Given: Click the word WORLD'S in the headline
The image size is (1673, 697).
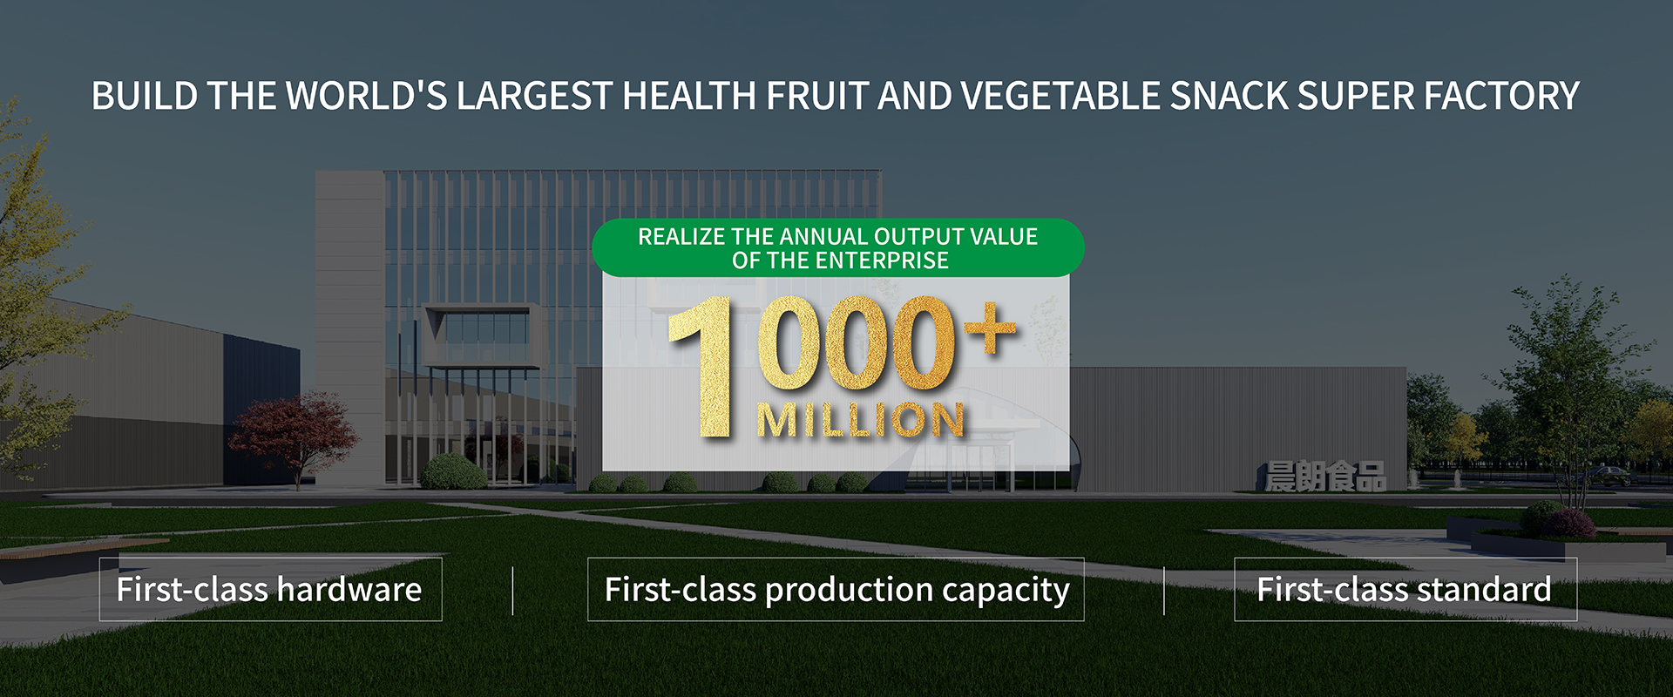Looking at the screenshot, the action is click(367, 96).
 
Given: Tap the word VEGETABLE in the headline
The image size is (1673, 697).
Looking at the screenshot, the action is click(1060, 96).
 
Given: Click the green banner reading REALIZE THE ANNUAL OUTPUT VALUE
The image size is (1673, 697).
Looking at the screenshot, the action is click(838, 247).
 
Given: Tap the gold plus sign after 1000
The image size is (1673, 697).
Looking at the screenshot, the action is click(990, 329).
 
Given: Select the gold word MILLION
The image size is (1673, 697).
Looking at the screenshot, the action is click(861, 420).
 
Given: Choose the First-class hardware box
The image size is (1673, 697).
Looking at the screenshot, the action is click(270, 589).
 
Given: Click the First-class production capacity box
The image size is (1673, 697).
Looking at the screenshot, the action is click(836, 589).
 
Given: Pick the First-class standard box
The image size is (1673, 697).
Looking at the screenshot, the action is click(1405, 589).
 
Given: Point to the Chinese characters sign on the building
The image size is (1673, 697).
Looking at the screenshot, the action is click(1325, 477).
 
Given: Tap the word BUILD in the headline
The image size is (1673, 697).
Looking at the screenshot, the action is click(144, 96).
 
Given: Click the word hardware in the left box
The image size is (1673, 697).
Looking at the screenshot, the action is click(349, 589).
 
